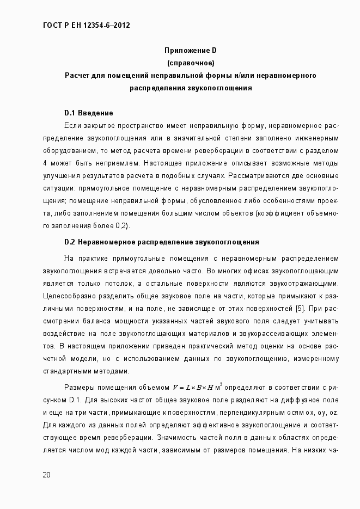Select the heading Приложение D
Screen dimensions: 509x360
[190, 50]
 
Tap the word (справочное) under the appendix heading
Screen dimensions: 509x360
[190, 63]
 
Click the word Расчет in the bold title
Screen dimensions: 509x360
[77, 75]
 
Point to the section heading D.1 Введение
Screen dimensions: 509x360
[88, 113]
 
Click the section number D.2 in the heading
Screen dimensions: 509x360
[69, 242]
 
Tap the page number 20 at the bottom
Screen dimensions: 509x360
[47, 475]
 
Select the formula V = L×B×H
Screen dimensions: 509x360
[193, 388]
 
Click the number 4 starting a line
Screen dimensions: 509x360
[44, 163]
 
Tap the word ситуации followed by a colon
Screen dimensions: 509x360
[59, 188]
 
